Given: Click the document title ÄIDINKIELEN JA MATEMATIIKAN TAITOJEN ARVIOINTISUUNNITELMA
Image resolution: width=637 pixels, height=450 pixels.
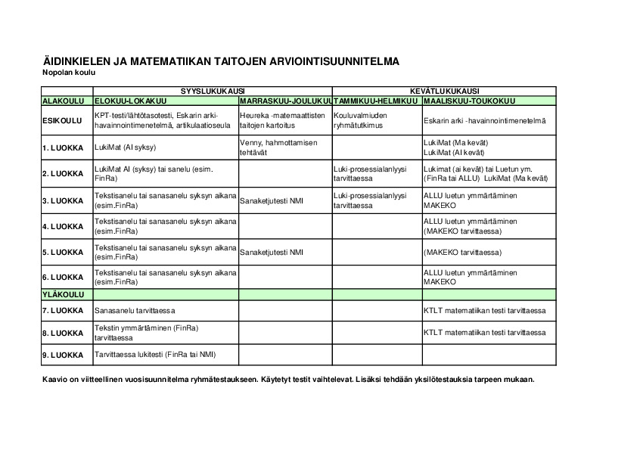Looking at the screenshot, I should (220, 61).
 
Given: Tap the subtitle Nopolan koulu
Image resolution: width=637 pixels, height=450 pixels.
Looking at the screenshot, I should (69, 73).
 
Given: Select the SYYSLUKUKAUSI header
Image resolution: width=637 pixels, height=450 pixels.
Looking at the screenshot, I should (212, 91).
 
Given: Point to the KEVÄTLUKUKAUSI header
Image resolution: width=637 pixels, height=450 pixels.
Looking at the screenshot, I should (444, 91).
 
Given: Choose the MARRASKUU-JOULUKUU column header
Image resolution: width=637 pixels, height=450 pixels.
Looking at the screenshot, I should (285, 101).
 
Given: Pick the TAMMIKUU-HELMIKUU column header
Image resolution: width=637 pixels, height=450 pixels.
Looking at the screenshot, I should (376, 101).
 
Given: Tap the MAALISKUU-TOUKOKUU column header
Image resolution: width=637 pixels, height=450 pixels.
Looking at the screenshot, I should (470, 101).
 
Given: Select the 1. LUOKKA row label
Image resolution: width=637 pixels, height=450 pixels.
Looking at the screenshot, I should (63, 147).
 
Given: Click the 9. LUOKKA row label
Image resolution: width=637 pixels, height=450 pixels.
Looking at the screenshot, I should (63, 355).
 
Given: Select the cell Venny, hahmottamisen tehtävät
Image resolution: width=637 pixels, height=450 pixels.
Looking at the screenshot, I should (278, 147).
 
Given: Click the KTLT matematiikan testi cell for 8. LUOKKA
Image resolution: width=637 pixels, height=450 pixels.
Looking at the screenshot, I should (484, 333).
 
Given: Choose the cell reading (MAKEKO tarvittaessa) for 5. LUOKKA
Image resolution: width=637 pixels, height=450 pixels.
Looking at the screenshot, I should (462, 252).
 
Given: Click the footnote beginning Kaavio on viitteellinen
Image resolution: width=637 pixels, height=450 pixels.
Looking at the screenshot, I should (288, 379).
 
